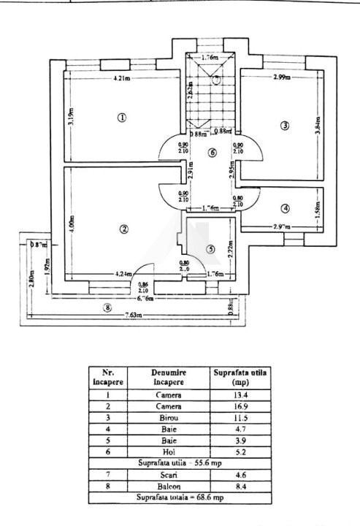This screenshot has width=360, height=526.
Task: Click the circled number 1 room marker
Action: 122,117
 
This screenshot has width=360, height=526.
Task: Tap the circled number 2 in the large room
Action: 124,229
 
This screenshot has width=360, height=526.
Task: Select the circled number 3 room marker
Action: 285,126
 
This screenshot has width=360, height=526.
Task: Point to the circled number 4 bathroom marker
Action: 285,208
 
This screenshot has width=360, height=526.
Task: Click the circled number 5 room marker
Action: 210,249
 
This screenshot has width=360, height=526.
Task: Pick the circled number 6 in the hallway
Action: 212,153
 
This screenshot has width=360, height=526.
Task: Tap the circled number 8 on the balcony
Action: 107,308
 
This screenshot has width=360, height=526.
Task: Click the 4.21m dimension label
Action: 122,78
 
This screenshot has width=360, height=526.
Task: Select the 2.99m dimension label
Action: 281,77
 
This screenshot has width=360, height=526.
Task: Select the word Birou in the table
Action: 169,418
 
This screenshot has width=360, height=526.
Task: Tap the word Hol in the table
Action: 169,452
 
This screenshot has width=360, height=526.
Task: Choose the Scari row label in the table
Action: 169,476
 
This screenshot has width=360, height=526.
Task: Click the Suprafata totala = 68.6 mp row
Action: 180,498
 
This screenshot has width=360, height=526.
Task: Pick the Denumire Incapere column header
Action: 169,377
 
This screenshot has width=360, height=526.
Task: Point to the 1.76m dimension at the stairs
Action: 210,56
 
